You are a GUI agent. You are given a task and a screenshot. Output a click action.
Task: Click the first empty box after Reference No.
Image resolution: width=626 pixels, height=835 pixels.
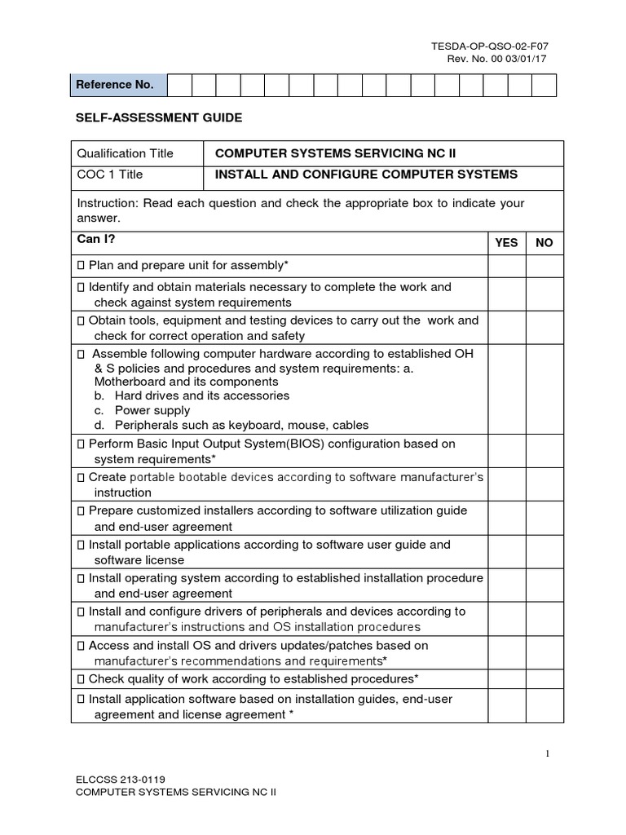click(x=179, y=86)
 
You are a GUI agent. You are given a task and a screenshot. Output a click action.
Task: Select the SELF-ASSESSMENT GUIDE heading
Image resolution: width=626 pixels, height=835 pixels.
click(x=159, y=118)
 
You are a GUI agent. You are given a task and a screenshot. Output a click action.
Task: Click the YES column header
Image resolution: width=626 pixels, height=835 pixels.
click(x=506, y=243)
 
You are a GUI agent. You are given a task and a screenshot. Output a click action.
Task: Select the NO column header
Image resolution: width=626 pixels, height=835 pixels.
click(x=544, y=243)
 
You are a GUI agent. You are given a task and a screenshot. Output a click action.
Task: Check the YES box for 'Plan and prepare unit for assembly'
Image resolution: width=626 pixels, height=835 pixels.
click(x=506, y=266)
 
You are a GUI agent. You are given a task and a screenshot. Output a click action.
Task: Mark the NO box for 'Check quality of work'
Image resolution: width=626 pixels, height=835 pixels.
click(x=544, y=678)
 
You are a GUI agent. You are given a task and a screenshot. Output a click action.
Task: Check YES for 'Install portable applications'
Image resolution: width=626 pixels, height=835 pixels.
click(x=506, y=552)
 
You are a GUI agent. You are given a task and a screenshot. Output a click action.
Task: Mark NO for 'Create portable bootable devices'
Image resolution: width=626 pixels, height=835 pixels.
click(x=544, y=484)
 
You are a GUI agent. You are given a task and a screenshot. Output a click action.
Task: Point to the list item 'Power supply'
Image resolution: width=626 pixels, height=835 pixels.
click(x=152, y=410)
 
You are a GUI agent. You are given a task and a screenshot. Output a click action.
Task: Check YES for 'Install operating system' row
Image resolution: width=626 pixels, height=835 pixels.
click(x=506, y=585)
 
